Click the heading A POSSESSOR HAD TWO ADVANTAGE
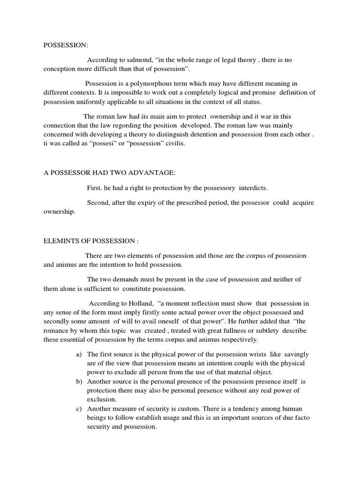pos(109,173)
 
